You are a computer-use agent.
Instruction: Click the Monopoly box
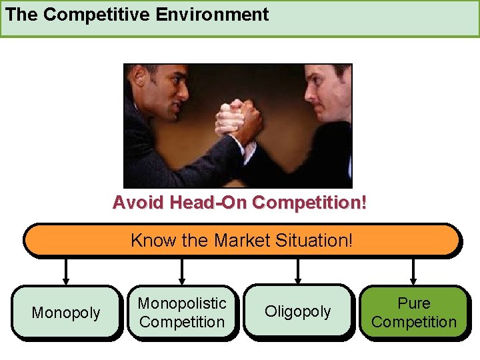coord(66,312)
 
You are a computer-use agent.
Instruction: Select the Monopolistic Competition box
coord(182,312)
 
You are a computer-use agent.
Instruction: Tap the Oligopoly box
coord(298,312)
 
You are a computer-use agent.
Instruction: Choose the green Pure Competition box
coord(414,312)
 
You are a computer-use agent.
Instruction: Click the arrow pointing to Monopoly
coord(66,271)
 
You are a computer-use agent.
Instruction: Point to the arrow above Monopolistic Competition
coord(182,271)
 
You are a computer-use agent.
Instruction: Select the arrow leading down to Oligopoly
coord(298,271)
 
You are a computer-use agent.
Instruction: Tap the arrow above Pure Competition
coord(414,271)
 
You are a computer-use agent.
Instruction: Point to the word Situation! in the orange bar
coord(317,240)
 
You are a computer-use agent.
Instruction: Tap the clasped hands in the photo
coord(237,121)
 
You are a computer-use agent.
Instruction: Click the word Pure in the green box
coord(414,303)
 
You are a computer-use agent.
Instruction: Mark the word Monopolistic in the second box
coord(182,303)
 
